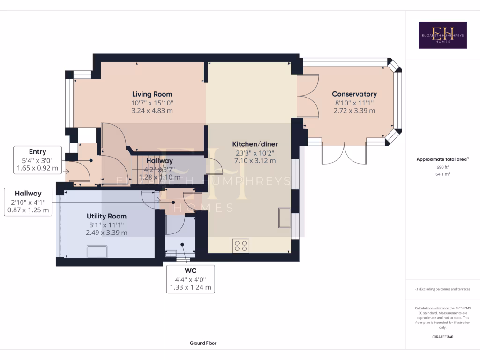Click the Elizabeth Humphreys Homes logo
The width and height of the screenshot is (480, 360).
[x=442, y=35]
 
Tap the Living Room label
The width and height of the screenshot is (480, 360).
[x=152, y=94]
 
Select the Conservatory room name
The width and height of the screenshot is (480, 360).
[x=354, y=94]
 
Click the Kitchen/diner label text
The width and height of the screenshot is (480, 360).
[x=255, y=144]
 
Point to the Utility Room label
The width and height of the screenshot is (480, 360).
[x=106, y=216]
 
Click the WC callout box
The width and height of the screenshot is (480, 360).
[x=190, y=279]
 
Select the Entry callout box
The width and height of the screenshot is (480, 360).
[x=37, y=160]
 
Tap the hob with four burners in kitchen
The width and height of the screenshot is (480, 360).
[x=241, y=246]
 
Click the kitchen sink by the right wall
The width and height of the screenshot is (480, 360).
[x=285, y=217]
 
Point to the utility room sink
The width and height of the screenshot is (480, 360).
[x=97, y=252]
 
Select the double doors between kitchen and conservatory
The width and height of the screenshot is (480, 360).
[x=307, y=96]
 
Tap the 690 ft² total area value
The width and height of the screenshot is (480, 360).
[x=442, y=167]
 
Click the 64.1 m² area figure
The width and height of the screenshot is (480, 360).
[x=442, y=174]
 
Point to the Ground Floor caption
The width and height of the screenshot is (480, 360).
[x=203, y=343]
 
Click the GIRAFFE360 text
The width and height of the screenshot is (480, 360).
[x=443, y=337]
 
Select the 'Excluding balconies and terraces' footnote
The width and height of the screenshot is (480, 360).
[x=442, y=289]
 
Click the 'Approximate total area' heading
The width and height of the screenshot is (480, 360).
[x=442, y=159]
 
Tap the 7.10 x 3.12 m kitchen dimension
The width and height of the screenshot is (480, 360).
[x=255, y=161]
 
